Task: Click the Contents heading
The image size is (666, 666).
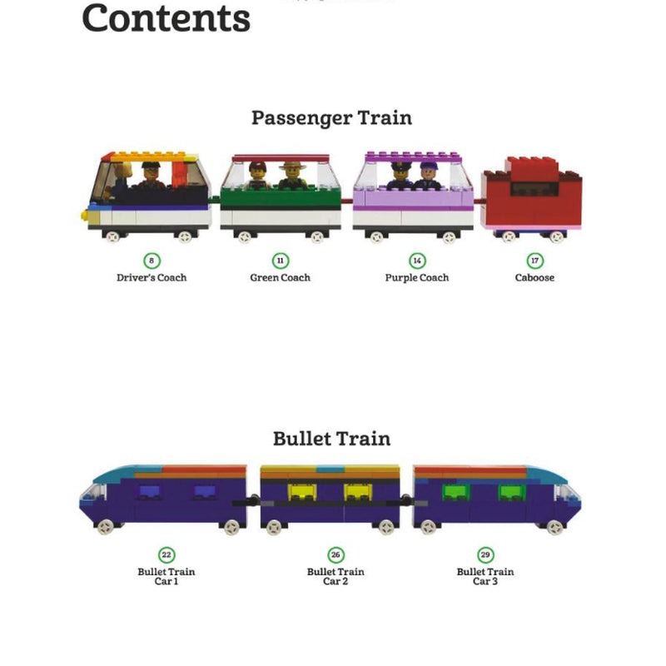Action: [x=166, y=18]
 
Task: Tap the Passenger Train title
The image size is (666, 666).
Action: [x=331, y=117]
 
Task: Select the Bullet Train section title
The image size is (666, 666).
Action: [x=331, y=438]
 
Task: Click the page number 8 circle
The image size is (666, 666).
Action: [x=152, y=261]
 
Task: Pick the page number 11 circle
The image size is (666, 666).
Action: [x=280, y=261]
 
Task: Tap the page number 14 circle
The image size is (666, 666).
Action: [x=417, y=261]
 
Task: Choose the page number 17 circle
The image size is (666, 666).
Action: [x=534, y=261]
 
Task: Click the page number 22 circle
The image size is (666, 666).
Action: [x=166, y=555]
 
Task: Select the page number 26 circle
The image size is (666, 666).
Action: [x=335, y=555]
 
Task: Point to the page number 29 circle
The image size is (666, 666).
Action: [x=485, y=555]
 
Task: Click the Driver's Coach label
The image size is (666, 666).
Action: [x=152, y=278]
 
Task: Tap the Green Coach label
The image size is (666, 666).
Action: [x=280, y=278]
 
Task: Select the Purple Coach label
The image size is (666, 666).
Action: [x=417, y=278]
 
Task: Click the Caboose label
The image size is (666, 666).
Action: [x=534, y=278]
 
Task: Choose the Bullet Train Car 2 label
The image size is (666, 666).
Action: [x=335, y=576]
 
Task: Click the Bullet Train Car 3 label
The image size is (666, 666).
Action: [x=485, y=576]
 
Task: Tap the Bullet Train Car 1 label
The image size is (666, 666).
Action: [x=166, y=576]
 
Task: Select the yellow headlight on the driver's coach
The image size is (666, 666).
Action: [x=85, y=215]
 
